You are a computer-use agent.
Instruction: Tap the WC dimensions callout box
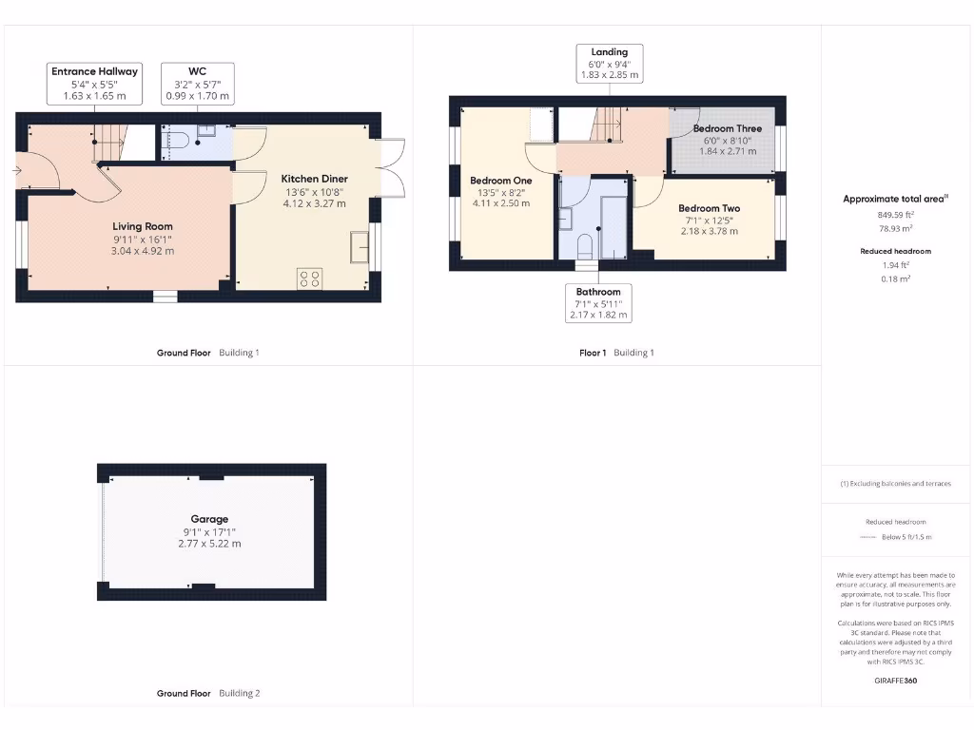coord(197,84)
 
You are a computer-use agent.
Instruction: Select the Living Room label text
coord(143,226)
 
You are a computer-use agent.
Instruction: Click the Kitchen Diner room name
coord(314,179)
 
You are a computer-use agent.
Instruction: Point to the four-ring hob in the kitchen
coord(309,279)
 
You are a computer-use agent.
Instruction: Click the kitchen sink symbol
coord(360,246)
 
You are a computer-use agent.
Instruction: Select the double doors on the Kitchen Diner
coord(391,168)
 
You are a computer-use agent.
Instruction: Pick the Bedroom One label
coord(500,181)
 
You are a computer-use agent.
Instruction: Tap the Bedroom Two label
coord(709,209)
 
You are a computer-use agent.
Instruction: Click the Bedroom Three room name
coord(727,128)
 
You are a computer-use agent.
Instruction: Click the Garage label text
coord(209,519)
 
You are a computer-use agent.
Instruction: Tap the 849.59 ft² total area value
coord(894,215)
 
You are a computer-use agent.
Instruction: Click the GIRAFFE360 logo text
coord(894,681)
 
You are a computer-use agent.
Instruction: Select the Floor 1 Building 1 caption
coord(616,353)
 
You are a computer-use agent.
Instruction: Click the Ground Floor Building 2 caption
coord(207,694)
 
